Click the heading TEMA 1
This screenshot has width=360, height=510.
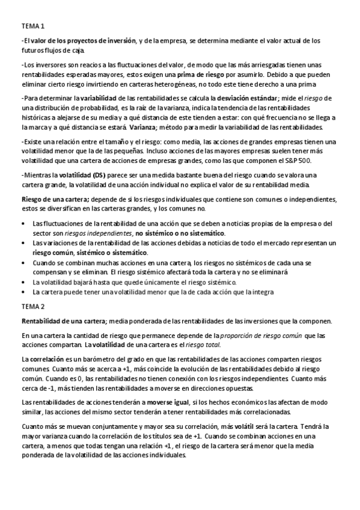pos(32,27)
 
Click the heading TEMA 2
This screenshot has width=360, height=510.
pos(32,306)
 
